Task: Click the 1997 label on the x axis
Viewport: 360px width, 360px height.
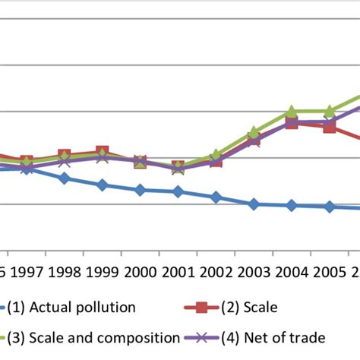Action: click(x=27, y=272)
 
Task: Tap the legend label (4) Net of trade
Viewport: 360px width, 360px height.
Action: click(x=280, y=337)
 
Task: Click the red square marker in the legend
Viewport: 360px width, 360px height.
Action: click(x=202, y=308)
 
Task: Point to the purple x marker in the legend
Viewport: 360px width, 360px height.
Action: click(x=219, y=337)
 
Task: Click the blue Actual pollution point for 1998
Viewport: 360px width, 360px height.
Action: click(x=65, y=178)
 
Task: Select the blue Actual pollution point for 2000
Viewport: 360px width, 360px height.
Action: click(x=140, y=190)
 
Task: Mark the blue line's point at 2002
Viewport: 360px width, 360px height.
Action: click(x=216, y=197)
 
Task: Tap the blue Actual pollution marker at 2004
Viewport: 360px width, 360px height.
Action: click(x=291, y=205)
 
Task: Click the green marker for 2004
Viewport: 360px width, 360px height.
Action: click(x=291, y=112)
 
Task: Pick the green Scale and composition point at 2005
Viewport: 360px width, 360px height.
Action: click(x=329, y=112)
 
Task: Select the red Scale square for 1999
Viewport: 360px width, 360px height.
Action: click(x=103, y=152)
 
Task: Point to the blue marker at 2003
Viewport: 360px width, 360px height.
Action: click(x=254, y=204)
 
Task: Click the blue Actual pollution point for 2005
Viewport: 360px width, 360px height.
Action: click(x=329, y=207)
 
